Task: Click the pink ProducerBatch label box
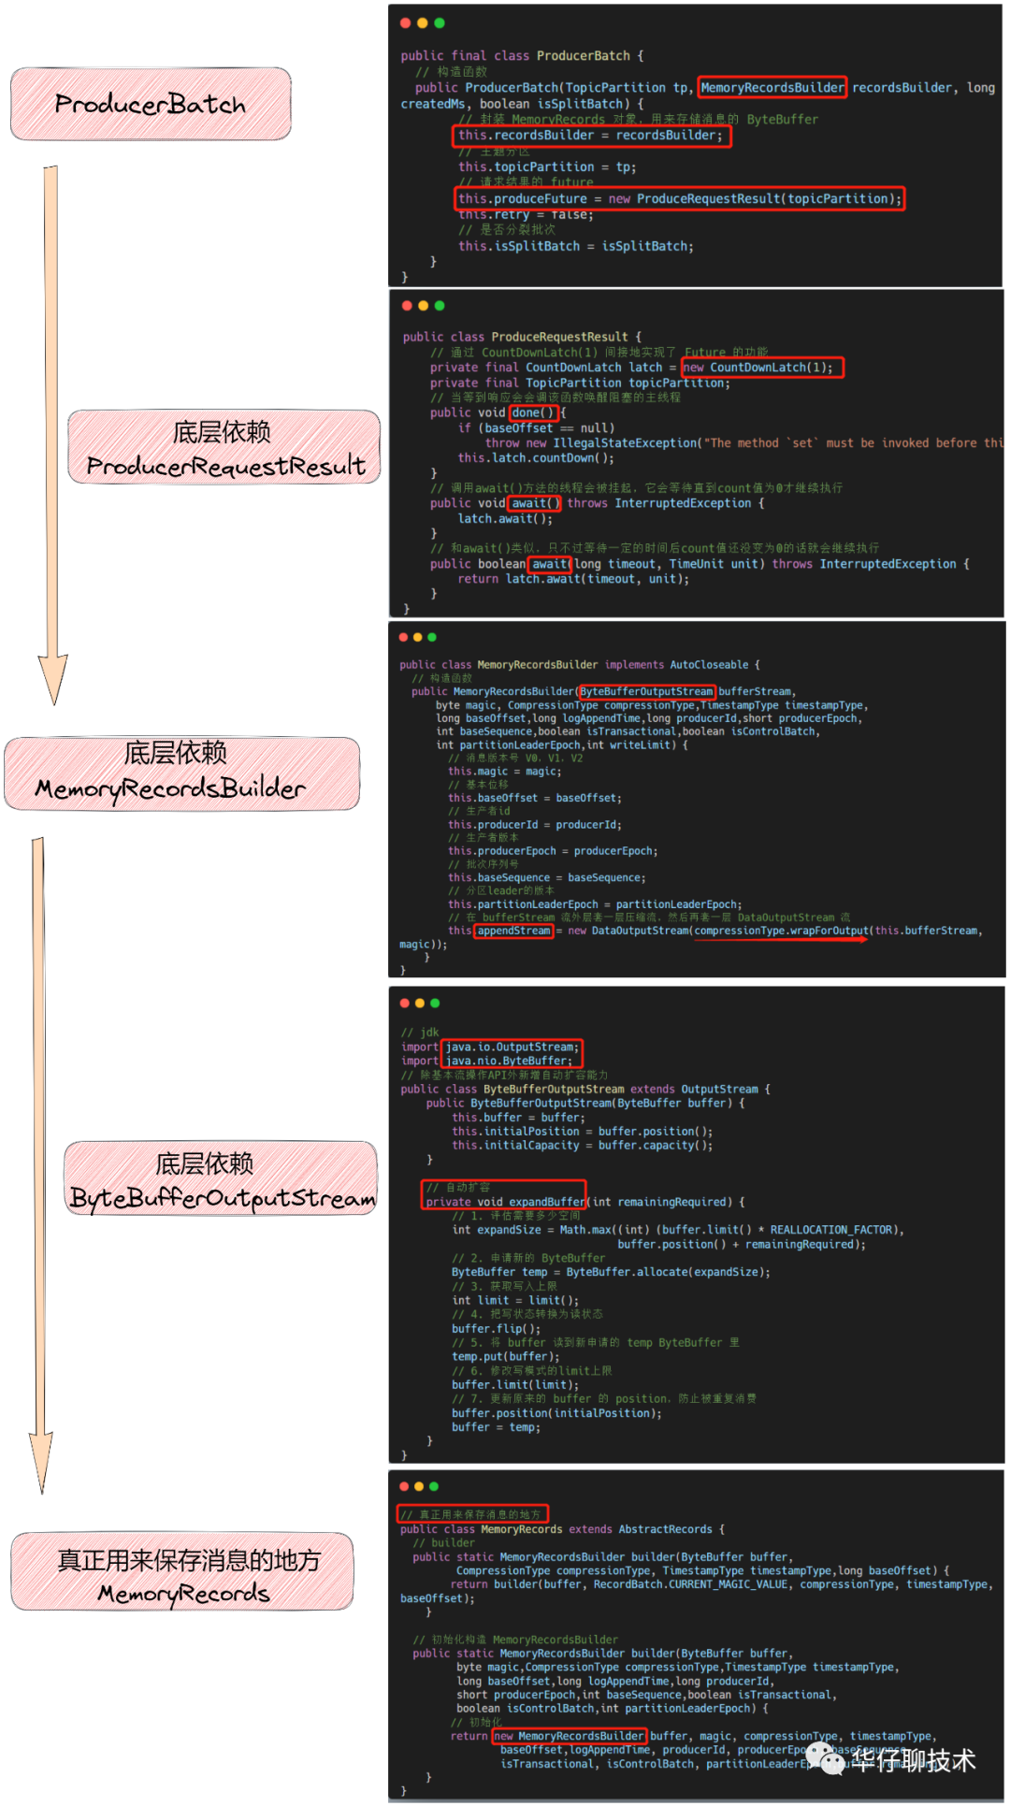tap(151, 104)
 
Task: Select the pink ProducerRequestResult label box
tap(224, 447)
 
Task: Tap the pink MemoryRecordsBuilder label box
tap(181, 773)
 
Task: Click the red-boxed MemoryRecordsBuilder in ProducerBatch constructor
tap(772, 88)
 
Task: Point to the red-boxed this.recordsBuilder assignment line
tap(591, 136)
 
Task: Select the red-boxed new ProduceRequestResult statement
tap(680, 198)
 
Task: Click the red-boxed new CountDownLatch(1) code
tap(762, 368)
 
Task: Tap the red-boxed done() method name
tap(534, 412)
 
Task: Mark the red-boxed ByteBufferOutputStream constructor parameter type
tap(646, 692)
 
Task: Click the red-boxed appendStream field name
tap(513, 931)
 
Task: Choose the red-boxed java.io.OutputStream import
tap(512, 1047)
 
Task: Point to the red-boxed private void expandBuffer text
tap(505, 1202)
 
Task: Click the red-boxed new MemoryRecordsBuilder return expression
tap(569, 1736)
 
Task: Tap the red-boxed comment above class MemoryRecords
tap(472, 1513)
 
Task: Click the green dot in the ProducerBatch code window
tap(440, 23)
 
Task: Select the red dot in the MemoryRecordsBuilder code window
tap(404, 637)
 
